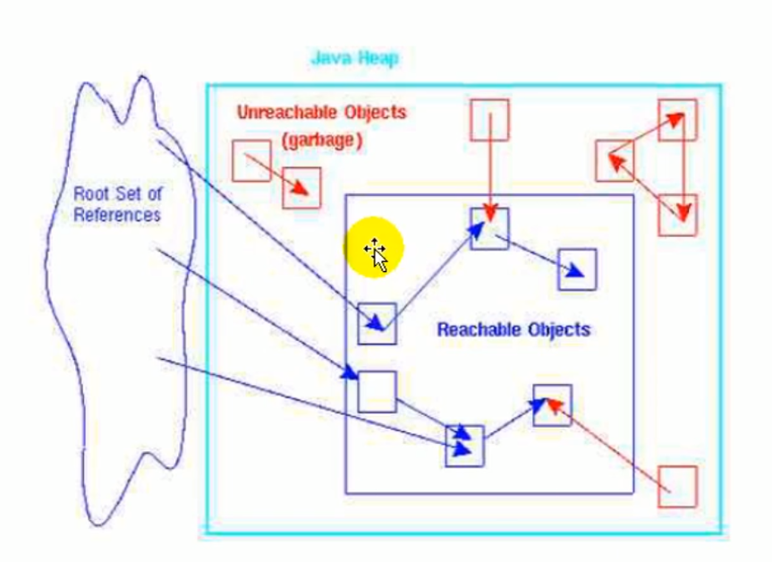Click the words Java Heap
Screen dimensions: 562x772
tap(354, 59)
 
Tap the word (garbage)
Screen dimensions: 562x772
tap(321, 140)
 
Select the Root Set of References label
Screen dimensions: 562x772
tap(117, 204)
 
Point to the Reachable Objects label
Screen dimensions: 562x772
tap(513, 329)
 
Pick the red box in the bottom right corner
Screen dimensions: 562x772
tap(676, 486)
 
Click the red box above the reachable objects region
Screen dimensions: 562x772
tap(489, 120)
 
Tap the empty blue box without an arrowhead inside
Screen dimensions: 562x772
tap(377, 391)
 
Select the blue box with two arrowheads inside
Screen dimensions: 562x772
tap(464, 445)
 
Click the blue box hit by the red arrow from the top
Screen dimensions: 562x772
tap(489, 228)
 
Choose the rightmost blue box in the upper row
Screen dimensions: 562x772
tap(578, 269)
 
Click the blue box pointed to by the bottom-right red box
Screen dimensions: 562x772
tap(552, 404)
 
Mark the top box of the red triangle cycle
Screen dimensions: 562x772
tap(677, 119)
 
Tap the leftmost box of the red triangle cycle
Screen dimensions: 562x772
tap(615, 161)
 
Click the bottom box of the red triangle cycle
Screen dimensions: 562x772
tap(677, 215)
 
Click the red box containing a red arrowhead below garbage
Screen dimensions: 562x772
tap(301, 187)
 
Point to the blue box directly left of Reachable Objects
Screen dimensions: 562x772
tap(377, 323)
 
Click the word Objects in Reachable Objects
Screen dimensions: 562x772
tap(558, 329)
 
